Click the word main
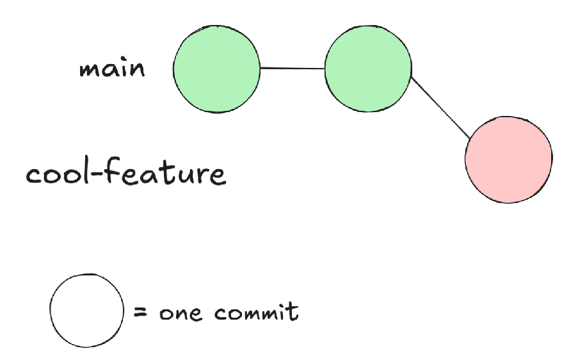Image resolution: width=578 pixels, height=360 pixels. (112, 69)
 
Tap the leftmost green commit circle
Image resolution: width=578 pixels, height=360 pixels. (217, 69)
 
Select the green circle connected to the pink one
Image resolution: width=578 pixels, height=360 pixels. (367, 69)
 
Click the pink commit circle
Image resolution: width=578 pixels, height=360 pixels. (508, 160)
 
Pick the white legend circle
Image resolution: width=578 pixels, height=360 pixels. (86, 311)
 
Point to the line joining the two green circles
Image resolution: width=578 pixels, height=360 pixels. (293, 68)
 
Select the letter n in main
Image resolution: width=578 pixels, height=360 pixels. (137, 70)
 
